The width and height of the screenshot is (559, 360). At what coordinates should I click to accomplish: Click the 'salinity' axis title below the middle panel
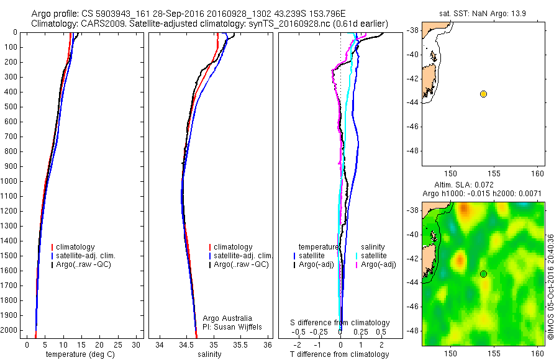click(210, 354)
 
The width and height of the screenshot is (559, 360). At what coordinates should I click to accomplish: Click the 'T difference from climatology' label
click(339, 354)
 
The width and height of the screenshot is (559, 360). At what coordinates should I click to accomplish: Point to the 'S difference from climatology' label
click(340, 323)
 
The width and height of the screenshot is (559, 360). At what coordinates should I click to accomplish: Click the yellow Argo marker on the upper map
click(483, 94)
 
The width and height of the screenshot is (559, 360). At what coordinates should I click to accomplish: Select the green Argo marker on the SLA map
click(483, 274)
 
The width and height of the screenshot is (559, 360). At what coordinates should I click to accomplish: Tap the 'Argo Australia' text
click(227, 318)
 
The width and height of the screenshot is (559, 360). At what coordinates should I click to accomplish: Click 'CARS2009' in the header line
click(101, 24)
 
